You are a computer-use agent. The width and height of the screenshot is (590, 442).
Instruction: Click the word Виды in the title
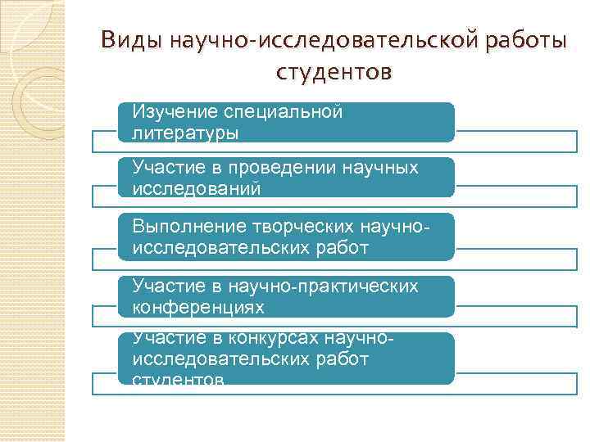click(x=132, y=40)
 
